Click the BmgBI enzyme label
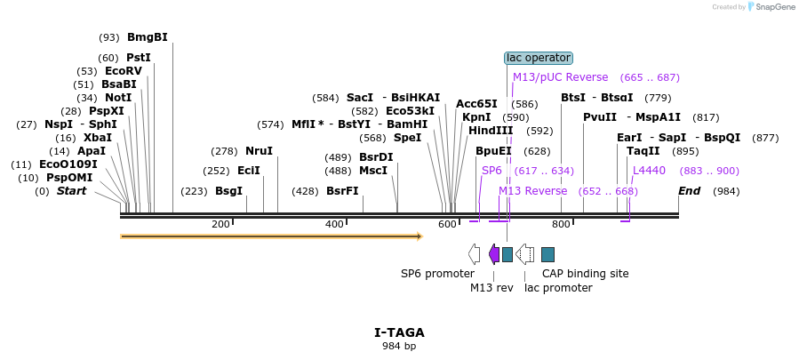(147, 37)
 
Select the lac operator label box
(539, 58)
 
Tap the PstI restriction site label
(139, 58)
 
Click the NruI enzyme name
(259, 151)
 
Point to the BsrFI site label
(342, 191)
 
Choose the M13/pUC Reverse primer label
(560, 77)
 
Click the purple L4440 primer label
(649, 171)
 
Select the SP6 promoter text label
(437, 274)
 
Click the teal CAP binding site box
(547, 254)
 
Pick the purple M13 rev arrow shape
(494, 254)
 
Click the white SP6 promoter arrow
(474, 254)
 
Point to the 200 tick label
(220, 225)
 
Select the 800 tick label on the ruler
(561, 225)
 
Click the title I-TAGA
(399, 332)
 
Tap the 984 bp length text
(399, 346)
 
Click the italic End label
(689, 191)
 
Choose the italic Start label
(75, 191)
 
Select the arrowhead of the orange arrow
(418, 236)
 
